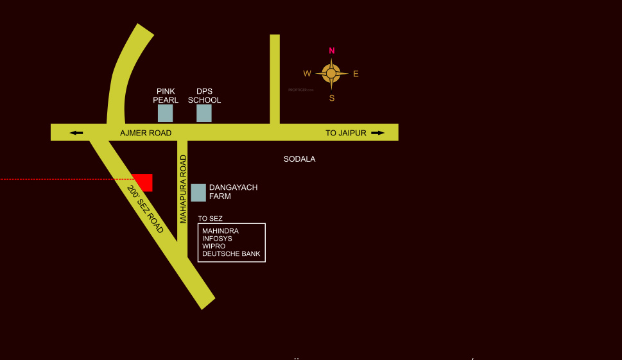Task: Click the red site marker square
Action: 143,182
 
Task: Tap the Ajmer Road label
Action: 146,133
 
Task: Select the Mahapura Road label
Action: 183,189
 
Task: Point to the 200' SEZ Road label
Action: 145,209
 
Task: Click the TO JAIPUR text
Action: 345,133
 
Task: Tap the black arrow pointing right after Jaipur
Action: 378,133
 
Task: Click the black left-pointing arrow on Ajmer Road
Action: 76,133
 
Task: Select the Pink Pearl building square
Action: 166,114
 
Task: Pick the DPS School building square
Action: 204,114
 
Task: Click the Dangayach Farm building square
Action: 199,193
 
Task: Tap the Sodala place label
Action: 300,159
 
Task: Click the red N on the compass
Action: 332,51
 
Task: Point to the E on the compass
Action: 356,74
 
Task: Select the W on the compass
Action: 307,73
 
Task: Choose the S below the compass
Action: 332,98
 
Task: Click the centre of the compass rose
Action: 331,74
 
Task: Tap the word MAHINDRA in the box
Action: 220,230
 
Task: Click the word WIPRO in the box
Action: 213,246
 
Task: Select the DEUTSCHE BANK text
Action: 231,254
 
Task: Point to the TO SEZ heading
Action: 210,219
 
